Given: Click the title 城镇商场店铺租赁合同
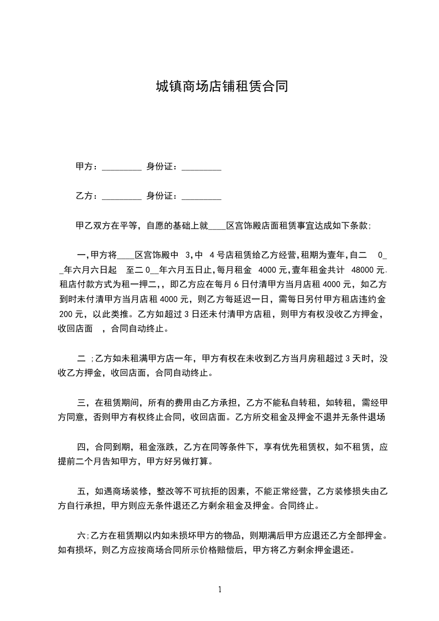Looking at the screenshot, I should [221, 87].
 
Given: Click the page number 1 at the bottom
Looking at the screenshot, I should [220, 589].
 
